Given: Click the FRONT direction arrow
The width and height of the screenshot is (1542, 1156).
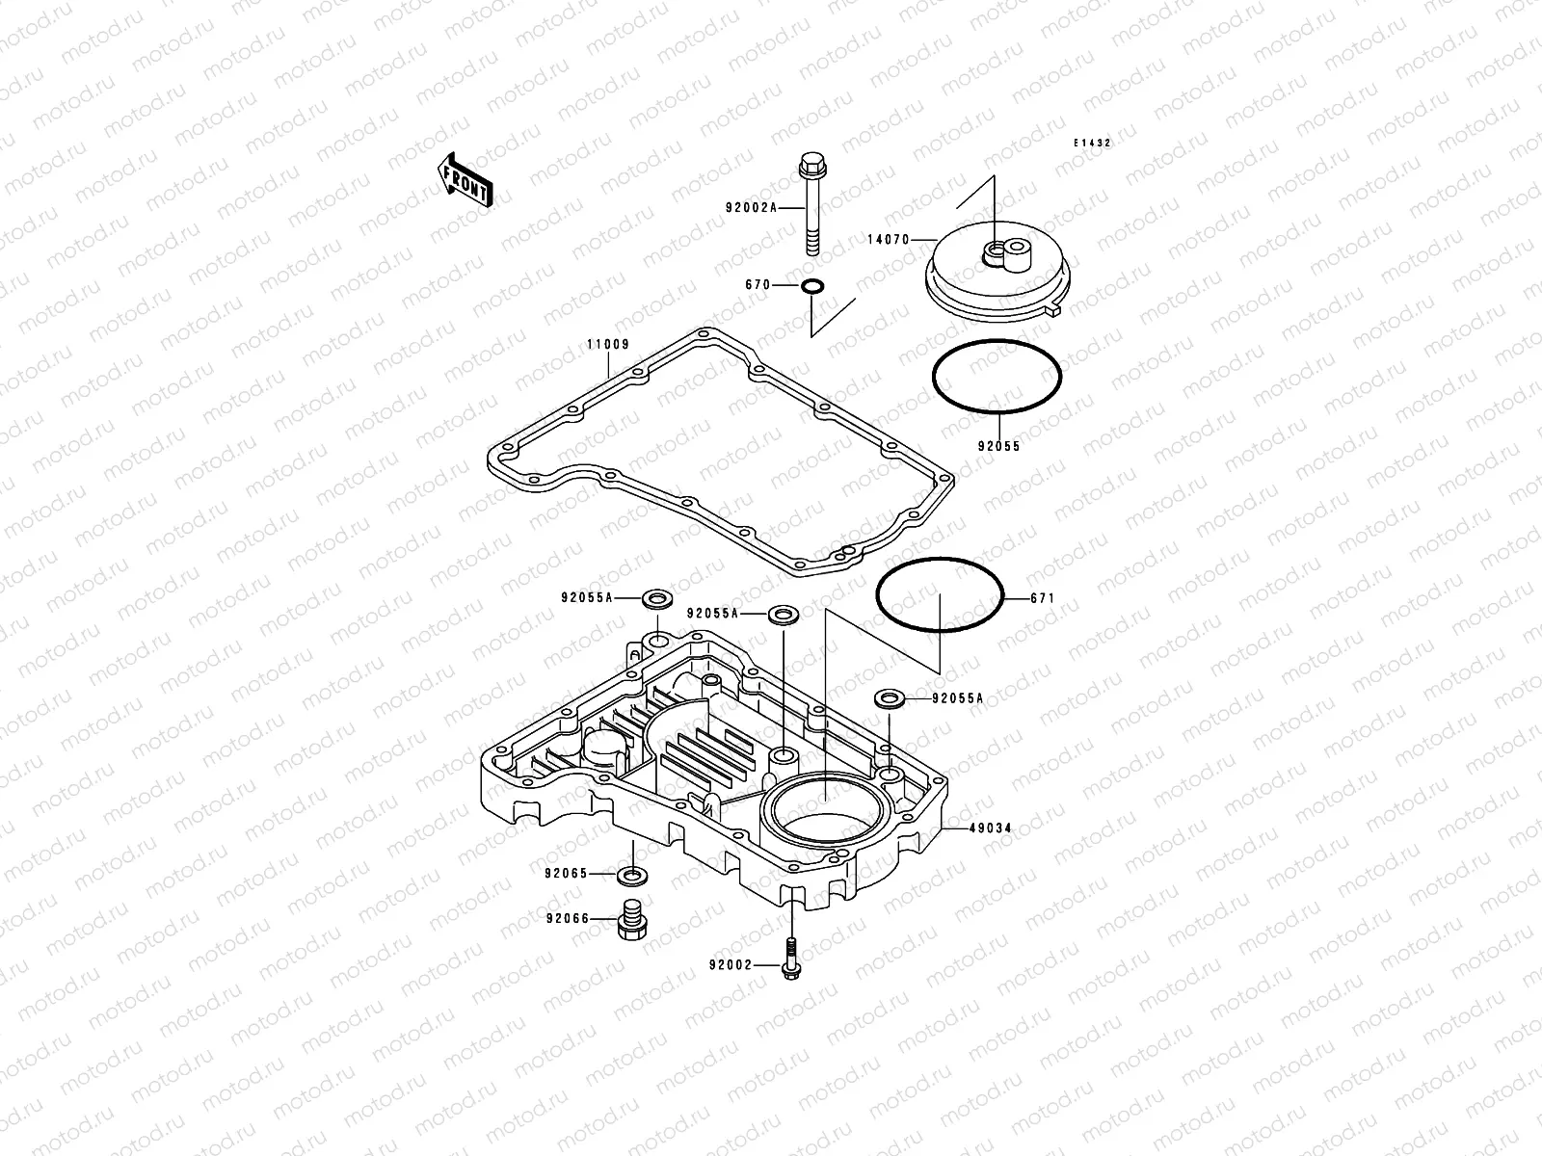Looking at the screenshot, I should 466,179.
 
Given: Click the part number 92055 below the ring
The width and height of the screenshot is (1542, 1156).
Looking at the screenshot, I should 997,447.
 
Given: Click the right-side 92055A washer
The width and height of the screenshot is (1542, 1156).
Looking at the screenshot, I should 889,698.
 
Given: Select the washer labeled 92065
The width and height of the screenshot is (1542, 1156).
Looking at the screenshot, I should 633,875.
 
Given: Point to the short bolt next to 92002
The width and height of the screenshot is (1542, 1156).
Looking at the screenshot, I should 790,959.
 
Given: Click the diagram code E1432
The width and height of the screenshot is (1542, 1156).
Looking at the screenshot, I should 1093,143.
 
